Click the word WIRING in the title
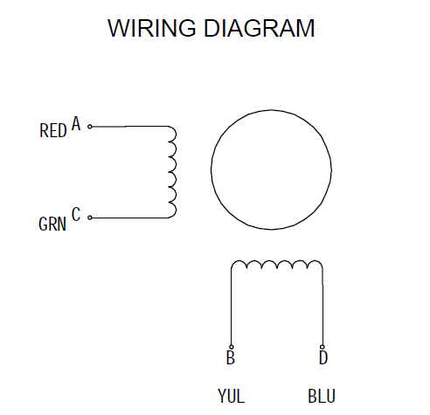pos(151,28)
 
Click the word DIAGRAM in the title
pos(260,28)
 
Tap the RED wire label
pos(53,130)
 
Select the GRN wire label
pos(52,224)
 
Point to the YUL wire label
pos(231,396)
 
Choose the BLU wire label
pos(322,396)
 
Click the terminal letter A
pos(76,123)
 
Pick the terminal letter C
pos(76,214)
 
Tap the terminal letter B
pos(231,357)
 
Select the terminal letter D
pos(323,357)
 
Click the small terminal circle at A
pos(90,127)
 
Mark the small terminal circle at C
pos(90,218)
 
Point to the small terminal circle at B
pos(232,347)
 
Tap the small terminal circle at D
pos(322,347)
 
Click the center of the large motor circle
pos(271,169)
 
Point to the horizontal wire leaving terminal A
pos(130,127)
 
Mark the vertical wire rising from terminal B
pos(232,307)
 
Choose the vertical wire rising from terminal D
pos(322,307)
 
